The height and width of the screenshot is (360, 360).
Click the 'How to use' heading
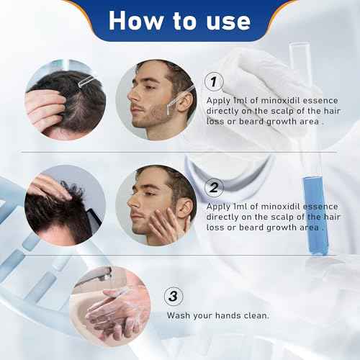[179, 20]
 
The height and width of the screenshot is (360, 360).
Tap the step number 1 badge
[213, 81]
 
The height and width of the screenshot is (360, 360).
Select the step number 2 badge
[213, 188]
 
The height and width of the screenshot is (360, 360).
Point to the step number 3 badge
[174, 297]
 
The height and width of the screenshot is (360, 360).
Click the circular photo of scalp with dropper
[65, 99]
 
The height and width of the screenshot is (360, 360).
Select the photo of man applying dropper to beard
[156, 99]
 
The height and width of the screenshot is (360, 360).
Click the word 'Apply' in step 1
[218, 101]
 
